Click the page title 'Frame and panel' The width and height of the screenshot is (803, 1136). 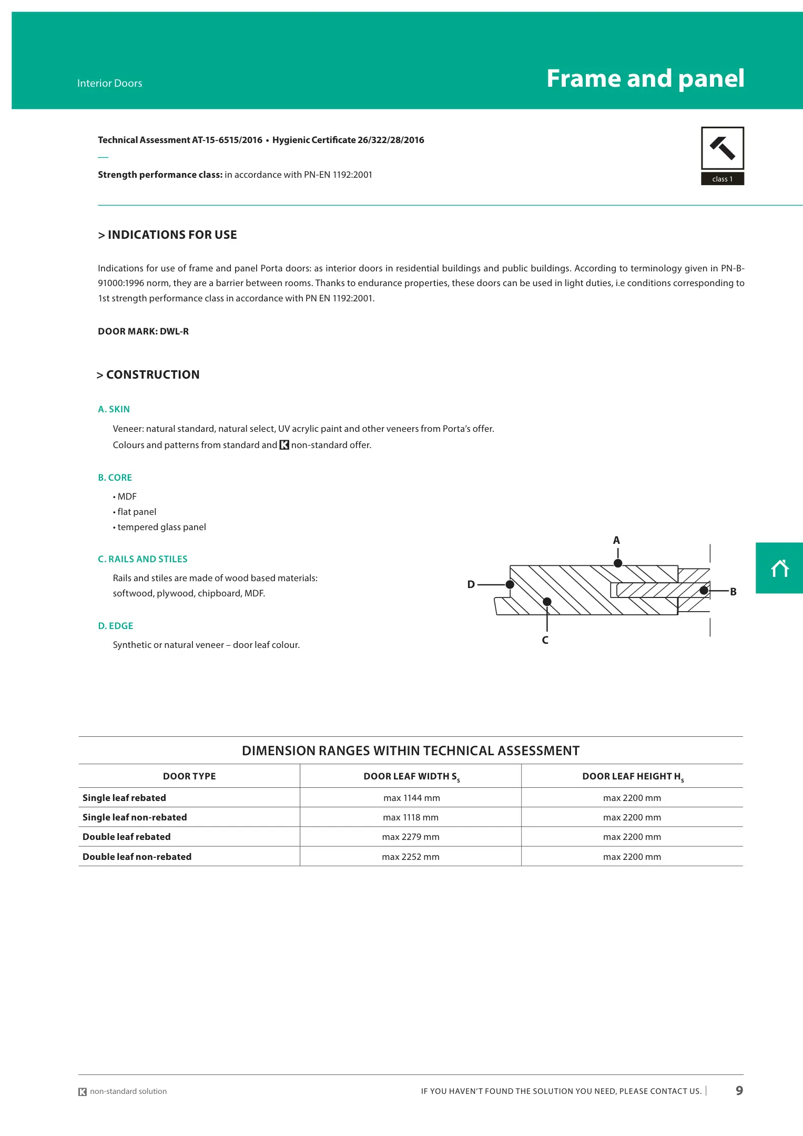[645, 79]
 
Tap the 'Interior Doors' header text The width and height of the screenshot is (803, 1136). [109, 83]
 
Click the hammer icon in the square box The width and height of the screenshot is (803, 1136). [722, 148]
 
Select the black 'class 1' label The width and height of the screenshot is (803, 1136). [722, 179]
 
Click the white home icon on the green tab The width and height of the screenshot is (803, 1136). [780, 569]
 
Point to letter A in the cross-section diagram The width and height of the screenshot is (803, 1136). [616, 540]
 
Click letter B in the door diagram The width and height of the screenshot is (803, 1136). [733, 592]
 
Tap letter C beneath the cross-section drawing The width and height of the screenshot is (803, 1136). [545, 640]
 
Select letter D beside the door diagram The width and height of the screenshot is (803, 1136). [471, 584]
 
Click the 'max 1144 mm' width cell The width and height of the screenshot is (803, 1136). [411, 798]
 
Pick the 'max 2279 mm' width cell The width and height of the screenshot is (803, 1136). [410, 837]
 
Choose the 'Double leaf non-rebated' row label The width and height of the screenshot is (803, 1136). [137, 857]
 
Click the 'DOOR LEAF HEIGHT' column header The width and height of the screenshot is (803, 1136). [633, 776]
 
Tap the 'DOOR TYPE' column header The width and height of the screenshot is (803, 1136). [189, 776]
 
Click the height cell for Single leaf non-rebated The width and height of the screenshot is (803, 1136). [632, 817]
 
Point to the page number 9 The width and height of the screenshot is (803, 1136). [739, 1090]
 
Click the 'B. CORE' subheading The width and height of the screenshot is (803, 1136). [115, 478]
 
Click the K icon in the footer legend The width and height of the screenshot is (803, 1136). [83, 1092]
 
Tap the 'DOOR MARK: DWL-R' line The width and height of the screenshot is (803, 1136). [143, 331]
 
